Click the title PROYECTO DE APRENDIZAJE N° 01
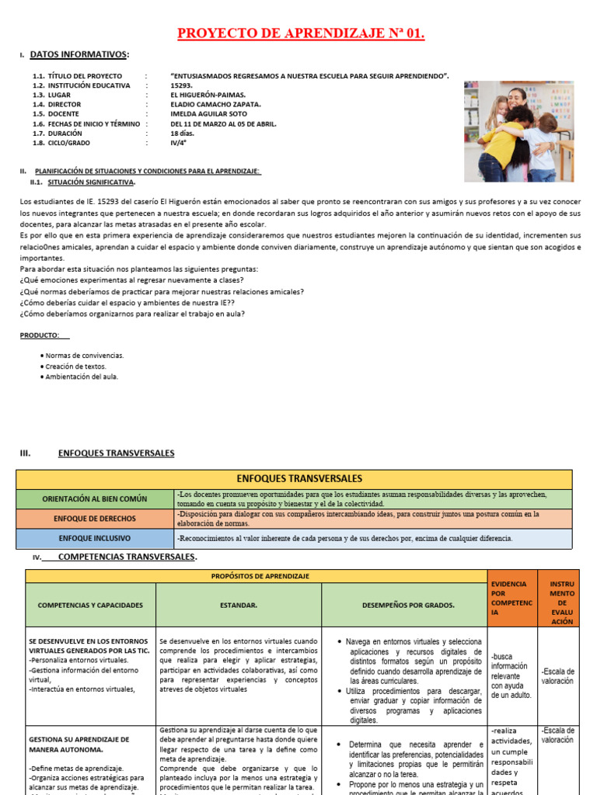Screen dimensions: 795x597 [x=302, y=33]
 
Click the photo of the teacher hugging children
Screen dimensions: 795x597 [x=518, y=131]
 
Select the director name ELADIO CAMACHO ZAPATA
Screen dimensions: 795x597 [x=215, y=104]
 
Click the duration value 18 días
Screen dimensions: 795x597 [x=183, y=133]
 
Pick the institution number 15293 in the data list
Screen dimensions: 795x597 [x=181, y=85]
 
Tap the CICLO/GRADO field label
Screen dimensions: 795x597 [x=68, y=143]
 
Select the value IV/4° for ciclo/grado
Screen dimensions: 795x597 [x=180, y=143]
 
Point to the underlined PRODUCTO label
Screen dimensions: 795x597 [x=40, y=335]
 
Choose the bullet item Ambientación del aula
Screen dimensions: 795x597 [x=82, y=377]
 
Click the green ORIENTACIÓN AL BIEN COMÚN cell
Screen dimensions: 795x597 [x=95, y=499]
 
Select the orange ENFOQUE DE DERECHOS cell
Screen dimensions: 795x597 [x=95, y=519]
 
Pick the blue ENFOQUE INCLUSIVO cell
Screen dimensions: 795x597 [x=95, y=538]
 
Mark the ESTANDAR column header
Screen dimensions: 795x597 [x=239, y=605]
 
